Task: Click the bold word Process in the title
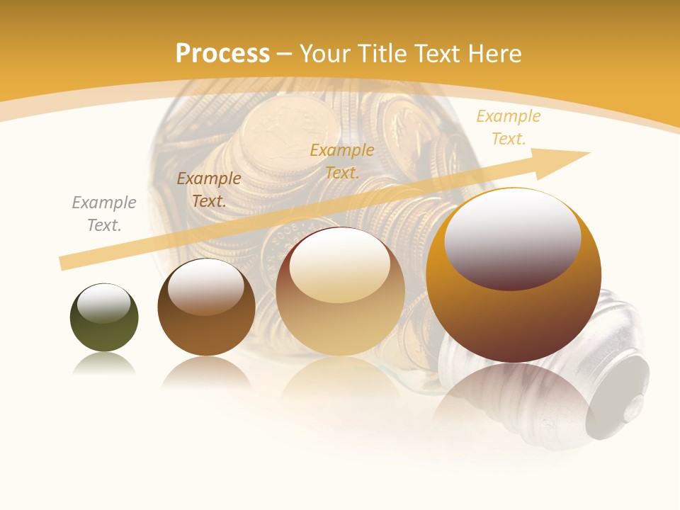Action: point(222,54)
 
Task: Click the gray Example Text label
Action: point(104,213)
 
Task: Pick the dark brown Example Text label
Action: point(209,189)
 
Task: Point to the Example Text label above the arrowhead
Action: point(508,127)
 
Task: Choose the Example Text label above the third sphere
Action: point(342,161)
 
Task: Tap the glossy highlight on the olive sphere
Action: point(103,302)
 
